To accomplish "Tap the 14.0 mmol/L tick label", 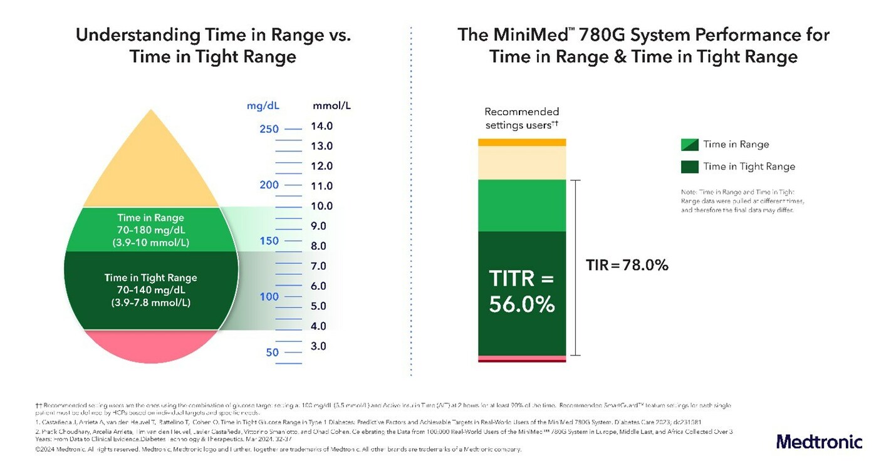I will coord(321,126).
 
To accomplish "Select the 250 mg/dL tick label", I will coord(269,129).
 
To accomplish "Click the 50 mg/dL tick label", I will coord(272,353).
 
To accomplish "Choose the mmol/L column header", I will coord(331,105).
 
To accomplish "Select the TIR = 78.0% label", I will coord(627,265).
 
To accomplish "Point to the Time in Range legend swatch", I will coord(689,144).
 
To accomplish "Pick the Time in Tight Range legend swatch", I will coord(689,167).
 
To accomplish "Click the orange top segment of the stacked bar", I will coord(522,142).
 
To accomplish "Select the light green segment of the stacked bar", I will coord(522,205).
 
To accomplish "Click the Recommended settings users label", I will coord(521,118).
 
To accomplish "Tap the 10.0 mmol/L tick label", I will coord(321,206).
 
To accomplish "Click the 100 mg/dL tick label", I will coord(269,297).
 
